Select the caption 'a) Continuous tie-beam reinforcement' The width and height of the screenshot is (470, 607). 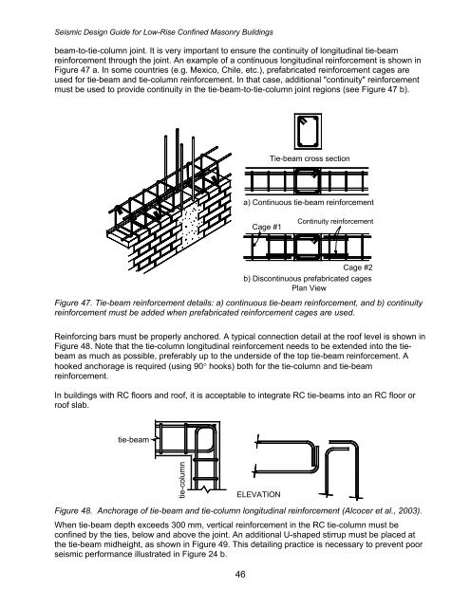tap(308, 203)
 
